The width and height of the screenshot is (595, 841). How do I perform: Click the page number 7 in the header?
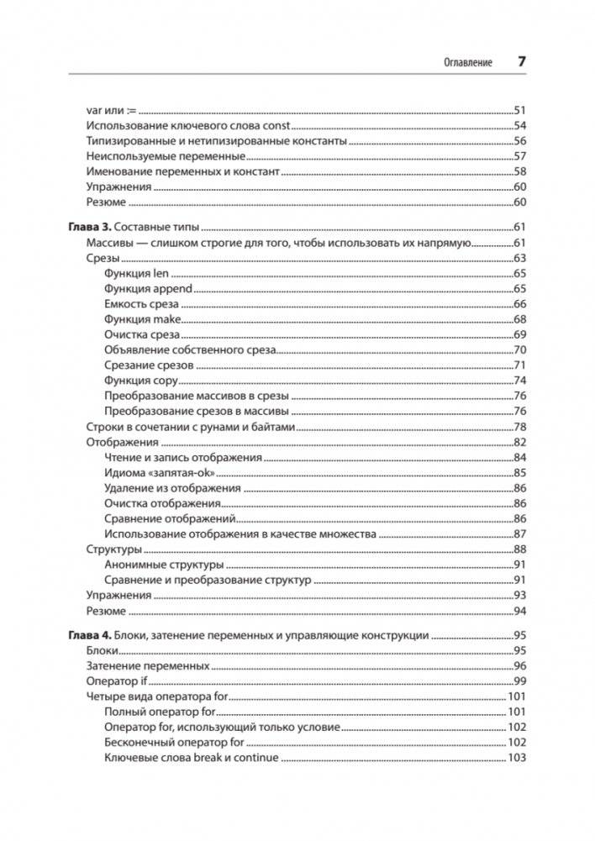point(521,62)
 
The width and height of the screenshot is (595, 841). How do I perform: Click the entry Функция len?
point(138,274)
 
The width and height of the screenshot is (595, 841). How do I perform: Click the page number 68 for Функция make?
point(519,319)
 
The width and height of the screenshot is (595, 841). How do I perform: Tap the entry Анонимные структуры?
point(164,565)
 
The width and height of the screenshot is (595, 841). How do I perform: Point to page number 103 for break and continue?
point(516,758)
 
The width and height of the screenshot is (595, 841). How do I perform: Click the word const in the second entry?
point(275,126)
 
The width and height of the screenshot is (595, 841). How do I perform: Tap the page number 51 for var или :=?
point(519,110)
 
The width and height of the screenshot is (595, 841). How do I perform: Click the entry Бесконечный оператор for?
point(175,743)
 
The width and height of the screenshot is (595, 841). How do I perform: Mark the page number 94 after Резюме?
point(519,611)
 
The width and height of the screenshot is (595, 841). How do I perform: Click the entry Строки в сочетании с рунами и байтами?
point(191,427)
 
